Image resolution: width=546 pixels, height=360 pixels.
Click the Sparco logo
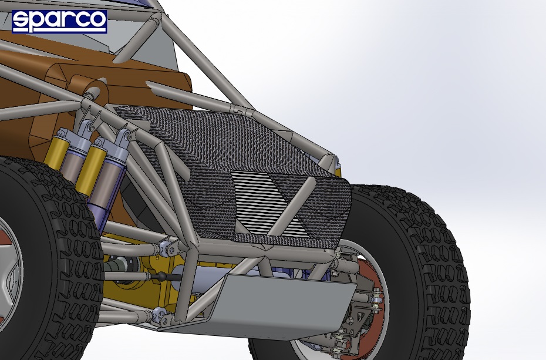[59, 21]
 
